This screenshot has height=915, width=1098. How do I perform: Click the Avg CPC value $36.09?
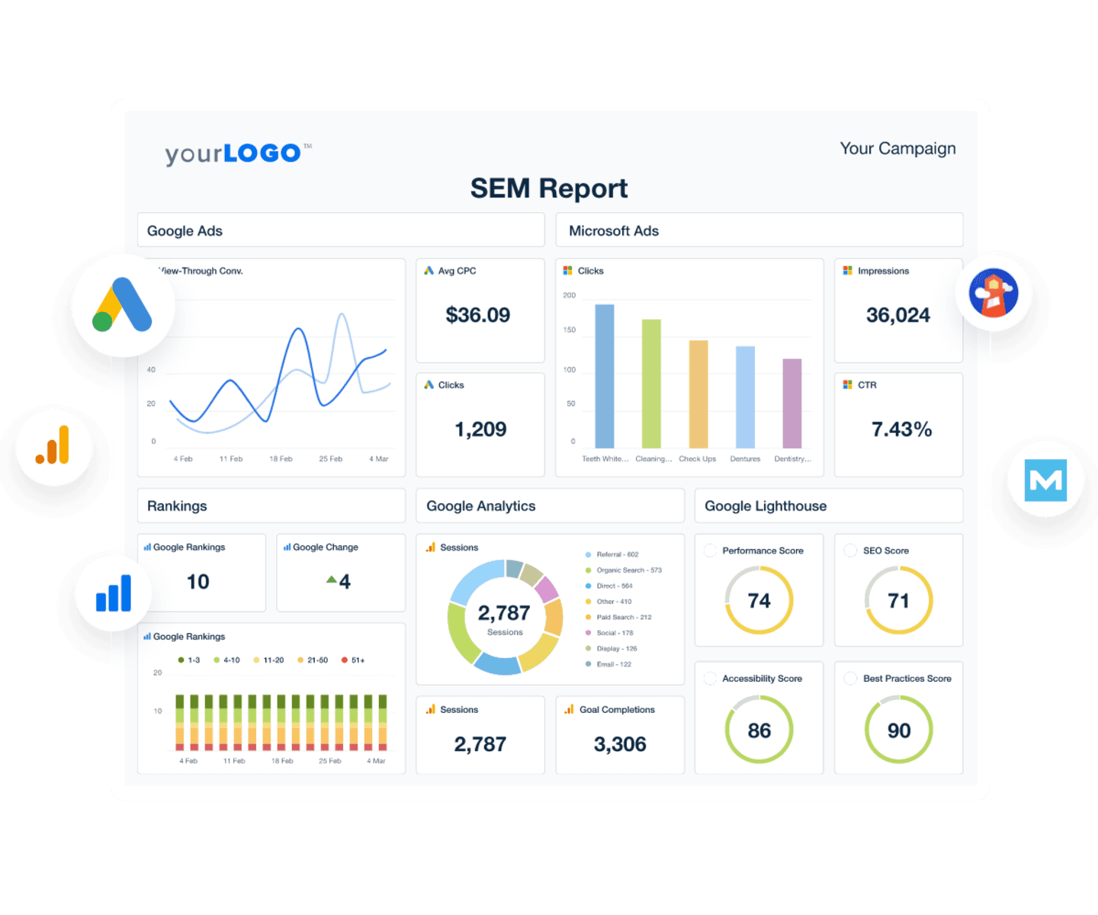(x=477, y=315)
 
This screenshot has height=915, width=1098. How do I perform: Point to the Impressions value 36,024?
(x=897, y=315)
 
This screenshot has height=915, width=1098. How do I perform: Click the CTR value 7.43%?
(x=901, y=429)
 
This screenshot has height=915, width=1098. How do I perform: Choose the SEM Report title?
(x=548, y=188)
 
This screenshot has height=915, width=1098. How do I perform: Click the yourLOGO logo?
(x=233, y=153)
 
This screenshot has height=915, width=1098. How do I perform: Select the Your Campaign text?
(x=897, y=149)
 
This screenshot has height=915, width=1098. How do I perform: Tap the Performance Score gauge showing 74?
(x=759, y=601)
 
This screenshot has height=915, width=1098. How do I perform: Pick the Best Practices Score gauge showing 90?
(x=898, y=730)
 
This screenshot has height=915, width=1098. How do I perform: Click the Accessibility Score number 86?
(x=759, y=730)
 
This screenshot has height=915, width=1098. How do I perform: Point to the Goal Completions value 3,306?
(x=619, y=744)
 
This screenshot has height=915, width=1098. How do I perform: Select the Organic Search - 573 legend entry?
(x=628, y=570)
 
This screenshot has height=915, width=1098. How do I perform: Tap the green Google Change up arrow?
(x=331, y=580)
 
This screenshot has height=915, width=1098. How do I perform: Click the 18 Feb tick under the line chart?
(x=281, y=459)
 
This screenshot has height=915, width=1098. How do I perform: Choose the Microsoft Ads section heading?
(x=614, y=231)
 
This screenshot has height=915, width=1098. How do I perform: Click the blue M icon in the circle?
(x=1045, y=480)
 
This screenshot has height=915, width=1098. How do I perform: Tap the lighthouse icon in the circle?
(x=994, y=293)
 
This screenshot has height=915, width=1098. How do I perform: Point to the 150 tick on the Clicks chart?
(x=570, y=330)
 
